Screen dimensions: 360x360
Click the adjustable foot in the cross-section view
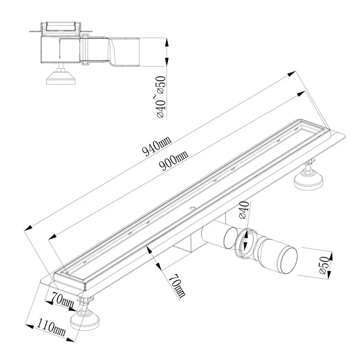pos(61,77)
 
